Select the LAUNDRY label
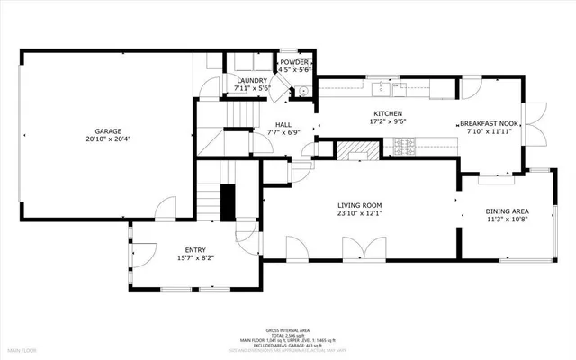pos(251,80)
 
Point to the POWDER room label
pos(293,62)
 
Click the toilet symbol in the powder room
pos(303,91)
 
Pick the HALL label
pos(283,124)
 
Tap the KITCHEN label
pos(388,113)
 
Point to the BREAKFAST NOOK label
pos(487,123)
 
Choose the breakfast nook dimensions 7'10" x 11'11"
pos(487,131)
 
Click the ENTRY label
pos(195,249)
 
